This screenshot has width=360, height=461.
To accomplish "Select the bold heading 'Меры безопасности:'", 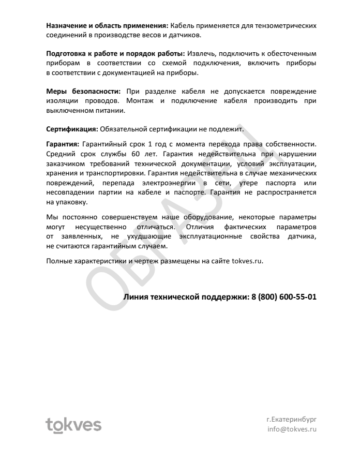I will pyautogui.click(x=83, y=92).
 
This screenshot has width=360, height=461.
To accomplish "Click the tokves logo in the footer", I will pyautogui.click(x=73, y=425).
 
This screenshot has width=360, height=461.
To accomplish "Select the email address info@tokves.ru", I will pyautogui.click(x=291, y=429).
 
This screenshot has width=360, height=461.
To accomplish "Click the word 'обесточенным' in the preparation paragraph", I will pyautogui.click(x=292, y=53).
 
